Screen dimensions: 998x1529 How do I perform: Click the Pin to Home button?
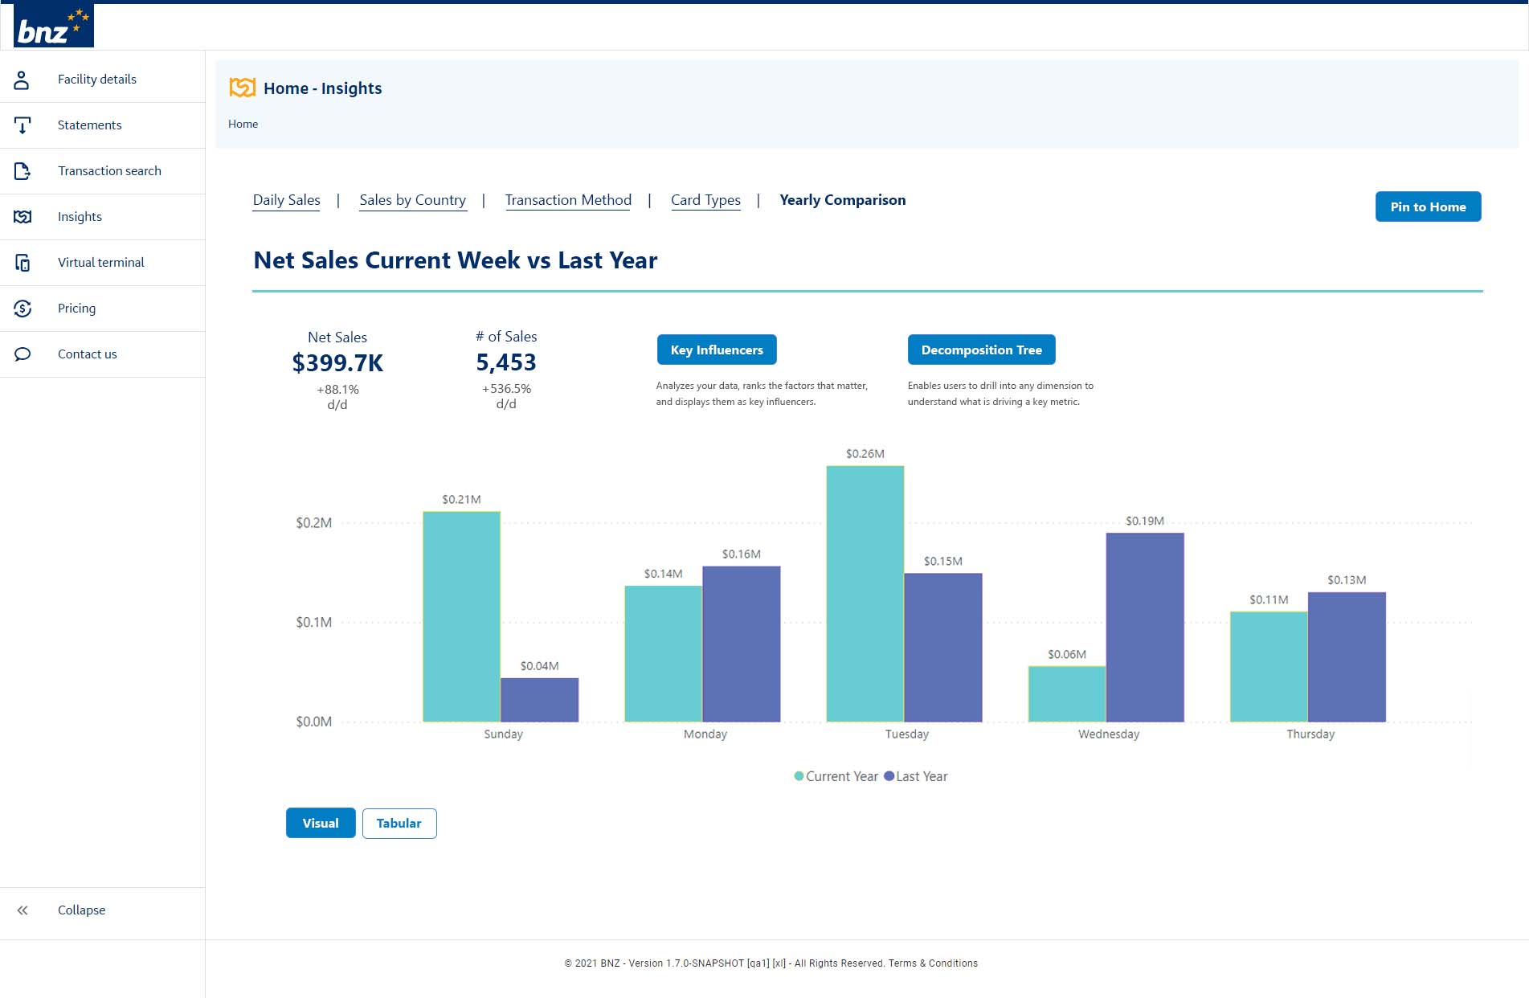(1428, 207)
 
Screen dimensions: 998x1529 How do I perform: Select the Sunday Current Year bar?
(461, 616)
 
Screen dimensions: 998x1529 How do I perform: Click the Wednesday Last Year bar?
(1144, 627)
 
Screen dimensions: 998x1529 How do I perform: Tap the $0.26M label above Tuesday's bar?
(865, 454)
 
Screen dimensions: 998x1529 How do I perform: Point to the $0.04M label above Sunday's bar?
(539, 666)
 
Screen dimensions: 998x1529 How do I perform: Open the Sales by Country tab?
(412, 200)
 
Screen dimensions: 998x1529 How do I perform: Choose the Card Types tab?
(705, 200)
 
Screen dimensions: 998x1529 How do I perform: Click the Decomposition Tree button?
(981, 350)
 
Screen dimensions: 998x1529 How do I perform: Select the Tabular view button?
(399, 823)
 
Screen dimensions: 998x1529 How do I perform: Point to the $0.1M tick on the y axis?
(313, 622)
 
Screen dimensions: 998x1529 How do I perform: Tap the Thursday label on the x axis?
(1310, 734)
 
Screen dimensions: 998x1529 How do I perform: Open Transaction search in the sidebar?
(109, 170)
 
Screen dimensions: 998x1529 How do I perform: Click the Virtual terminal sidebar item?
(100, 262)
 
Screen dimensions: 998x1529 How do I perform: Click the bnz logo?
(53, 26)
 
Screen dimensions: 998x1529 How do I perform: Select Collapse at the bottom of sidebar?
(81, 910)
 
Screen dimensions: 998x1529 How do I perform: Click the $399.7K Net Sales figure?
(337, 363)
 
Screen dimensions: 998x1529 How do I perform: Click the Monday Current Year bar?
(663, 653)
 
